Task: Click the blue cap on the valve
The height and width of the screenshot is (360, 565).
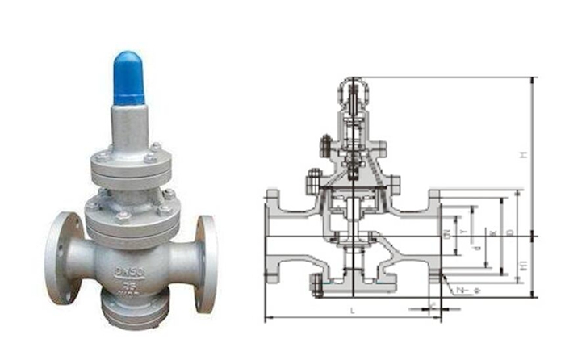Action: click(x=128, y=78)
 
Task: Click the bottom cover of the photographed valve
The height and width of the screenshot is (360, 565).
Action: click(x=132, y=312)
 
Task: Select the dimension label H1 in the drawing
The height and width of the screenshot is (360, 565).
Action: click(x=522, y=265)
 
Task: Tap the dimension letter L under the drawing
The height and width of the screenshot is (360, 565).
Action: click(x=352, y=309)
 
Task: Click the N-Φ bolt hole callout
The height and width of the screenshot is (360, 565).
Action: click(x=462, y=288)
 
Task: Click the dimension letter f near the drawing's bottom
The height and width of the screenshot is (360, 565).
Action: click(x=433, y=304)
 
